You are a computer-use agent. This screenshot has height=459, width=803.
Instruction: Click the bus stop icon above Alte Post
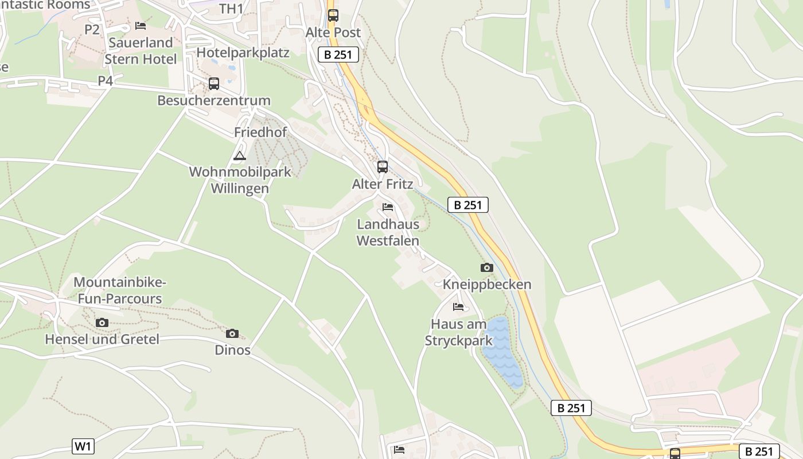(333, 15)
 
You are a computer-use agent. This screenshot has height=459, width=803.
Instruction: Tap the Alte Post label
(333, 33)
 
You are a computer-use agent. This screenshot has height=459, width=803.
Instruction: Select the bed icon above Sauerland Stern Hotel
(141, 26)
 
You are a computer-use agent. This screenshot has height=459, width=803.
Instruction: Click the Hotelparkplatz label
(243, 53)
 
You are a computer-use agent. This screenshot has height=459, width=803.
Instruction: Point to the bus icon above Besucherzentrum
(214, 84)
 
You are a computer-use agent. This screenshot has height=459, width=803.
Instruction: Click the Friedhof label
(260, 132)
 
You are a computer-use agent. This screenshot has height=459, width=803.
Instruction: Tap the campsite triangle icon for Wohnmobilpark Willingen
(240, 155)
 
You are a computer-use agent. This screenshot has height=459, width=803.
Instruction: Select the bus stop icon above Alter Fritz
(383, 167)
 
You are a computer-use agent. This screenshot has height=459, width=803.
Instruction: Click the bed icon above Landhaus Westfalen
(388, 207)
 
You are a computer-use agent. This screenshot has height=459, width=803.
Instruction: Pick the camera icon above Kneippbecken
(486, 267)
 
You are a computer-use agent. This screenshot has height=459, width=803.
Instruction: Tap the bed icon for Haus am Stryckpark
(458, 307)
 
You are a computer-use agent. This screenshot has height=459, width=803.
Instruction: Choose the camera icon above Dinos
(232, 333)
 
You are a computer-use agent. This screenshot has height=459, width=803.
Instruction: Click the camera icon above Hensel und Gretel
(102, 322)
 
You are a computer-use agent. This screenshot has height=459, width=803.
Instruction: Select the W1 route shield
(83, 446)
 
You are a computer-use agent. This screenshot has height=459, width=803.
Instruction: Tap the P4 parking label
(105, 81)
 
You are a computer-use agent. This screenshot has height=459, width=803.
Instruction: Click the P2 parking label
(92, 30)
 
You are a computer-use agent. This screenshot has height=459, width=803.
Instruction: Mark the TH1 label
(231, 9)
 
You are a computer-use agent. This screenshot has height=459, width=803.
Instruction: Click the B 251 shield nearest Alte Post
(338, 55)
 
